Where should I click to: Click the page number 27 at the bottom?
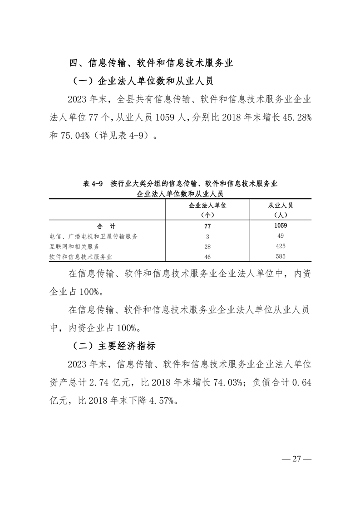coord(297,459)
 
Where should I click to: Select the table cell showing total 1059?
coord(281,225)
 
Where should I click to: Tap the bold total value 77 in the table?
coord(207,225)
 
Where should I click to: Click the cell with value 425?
coord(281,246)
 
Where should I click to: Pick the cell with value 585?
coord(281,257)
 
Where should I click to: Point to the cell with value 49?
coord(281,236)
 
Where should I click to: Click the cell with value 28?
coord(207,246)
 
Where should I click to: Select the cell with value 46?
coord(207,257)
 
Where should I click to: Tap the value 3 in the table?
coord(207,236)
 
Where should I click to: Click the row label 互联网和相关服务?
coord(74,246)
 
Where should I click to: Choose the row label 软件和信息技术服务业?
coord(81,257)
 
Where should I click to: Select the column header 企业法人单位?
coord(207,206)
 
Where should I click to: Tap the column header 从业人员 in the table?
coord(281,206)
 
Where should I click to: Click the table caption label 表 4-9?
coord(94,184)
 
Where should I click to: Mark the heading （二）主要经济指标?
coord(114,346)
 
